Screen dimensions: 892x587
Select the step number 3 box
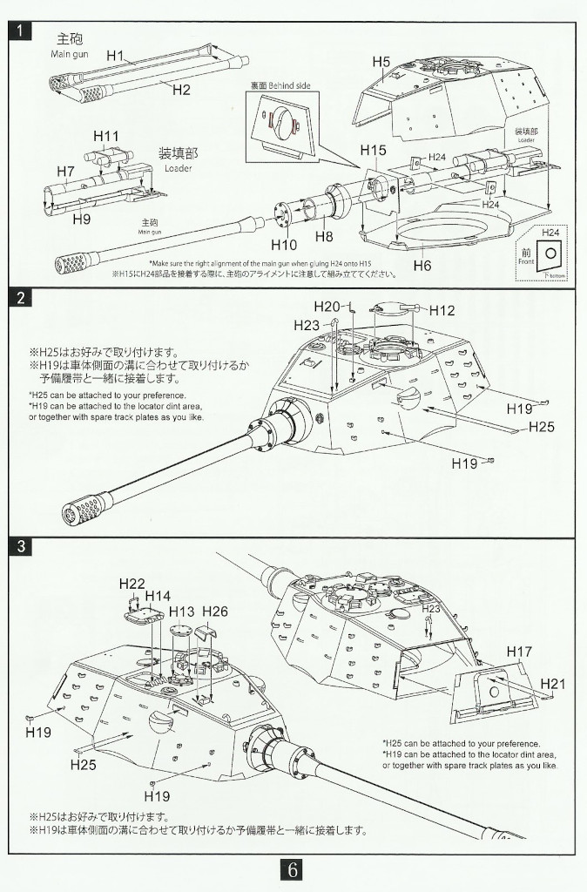(x=22, y=547)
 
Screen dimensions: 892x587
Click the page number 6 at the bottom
(x=293, y=869)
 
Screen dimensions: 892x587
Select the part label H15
(x=372, y=151)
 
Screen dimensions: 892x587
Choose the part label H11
(x=105, y=136)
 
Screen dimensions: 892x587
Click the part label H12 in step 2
(x=442, y=311)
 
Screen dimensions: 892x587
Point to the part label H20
(x=328, y=306)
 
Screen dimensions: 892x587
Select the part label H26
(x=214, y=612)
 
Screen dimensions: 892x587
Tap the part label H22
(x=132, y=583)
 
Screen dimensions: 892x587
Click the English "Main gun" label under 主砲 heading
(x=69, y=54)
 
